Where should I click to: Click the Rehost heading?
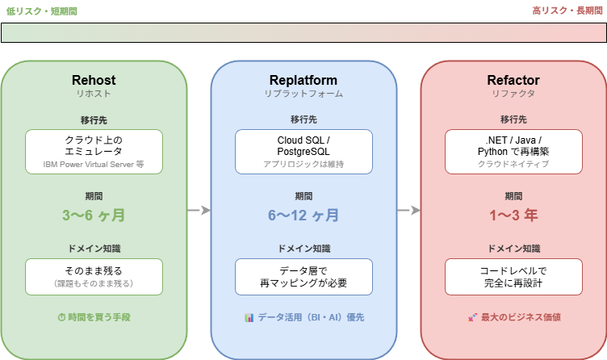94,80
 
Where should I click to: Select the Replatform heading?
303,80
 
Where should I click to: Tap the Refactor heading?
513,80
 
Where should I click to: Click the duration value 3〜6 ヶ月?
94,216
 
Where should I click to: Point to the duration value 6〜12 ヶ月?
303,216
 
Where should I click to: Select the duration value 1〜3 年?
513,216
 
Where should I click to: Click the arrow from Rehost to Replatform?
199,211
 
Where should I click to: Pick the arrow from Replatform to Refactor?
408,211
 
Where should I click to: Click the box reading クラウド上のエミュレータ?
94,151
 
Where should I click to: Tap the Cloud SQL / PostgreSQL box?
303,151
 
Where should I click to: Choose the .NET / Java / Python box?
513,151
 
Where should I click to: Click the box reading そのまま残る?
94,276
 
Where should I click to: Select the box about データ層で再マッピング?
303,276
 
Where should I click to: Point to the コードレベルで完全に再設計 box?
513,276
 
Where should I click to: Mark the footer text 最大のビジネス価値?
513,317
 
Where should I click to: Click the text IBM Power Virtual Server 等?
94,164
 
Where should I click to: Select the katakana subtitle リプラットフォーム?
303,94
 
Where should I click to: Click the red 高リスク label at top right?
564,10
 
